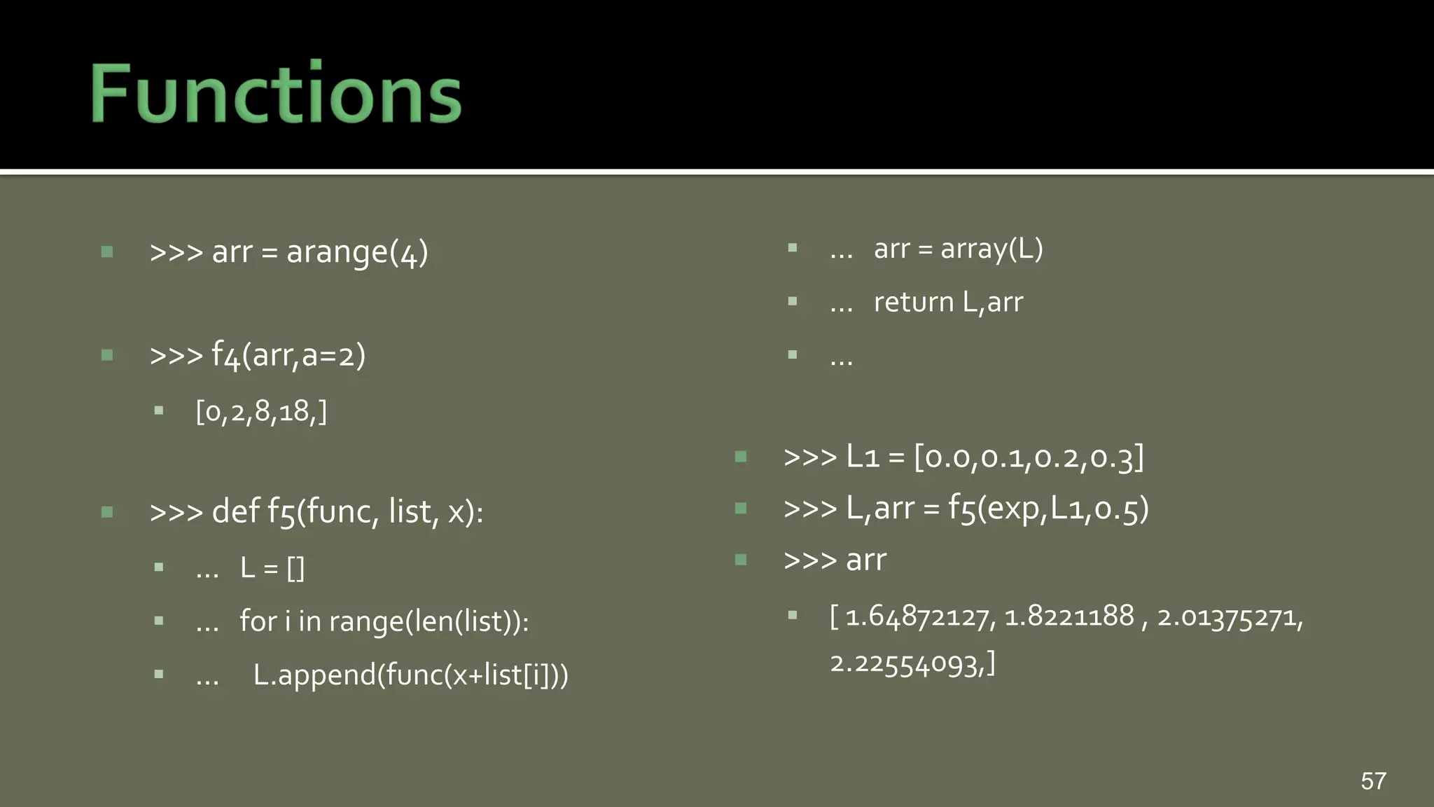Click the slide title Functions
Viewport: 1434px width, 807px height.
click(x=276, y=93)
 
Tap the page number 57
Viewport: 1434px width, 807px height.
click(x=1373, y=781)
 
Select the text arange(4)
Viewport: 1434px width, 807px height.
click(x=357, y=252)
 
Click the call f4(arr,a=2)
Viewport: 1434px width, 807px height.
click(x=288, y=355)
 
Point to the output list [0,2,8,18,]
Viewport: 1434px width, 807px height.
click(x=261, y=411)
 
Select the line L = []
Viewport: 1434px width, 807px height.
click(x=272, y=567)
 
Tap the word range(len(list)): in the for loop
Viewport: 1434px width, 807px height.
click(x=429, y=621)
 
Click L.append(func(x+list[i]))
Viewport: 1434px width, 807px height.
click(x=410, y=675)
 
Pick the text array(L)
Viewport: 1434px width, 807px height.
click(x=991, y=249)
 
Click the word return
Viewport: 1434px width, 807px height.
click(x=914, y=303)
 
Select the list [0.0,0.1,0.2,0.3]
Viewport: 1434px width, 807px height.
click(x=1029, y=457)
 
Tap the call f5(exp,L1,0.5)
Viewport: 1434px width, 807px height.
click(x=1048, y=509)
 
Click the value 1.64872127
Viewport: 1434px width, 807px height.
click(x=919, y=617)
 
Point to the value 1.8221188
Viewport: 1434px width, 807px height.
click(x=1068, y=616)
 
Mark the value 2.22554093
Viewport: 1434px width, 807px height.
click(x=907, y=663)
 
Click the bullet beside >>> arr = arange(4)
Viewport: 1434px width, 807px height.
click(x=107, y=251)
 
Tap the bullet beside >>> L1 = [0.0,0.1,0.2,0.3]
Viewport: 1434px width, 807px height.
click(x=741, y=457)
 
